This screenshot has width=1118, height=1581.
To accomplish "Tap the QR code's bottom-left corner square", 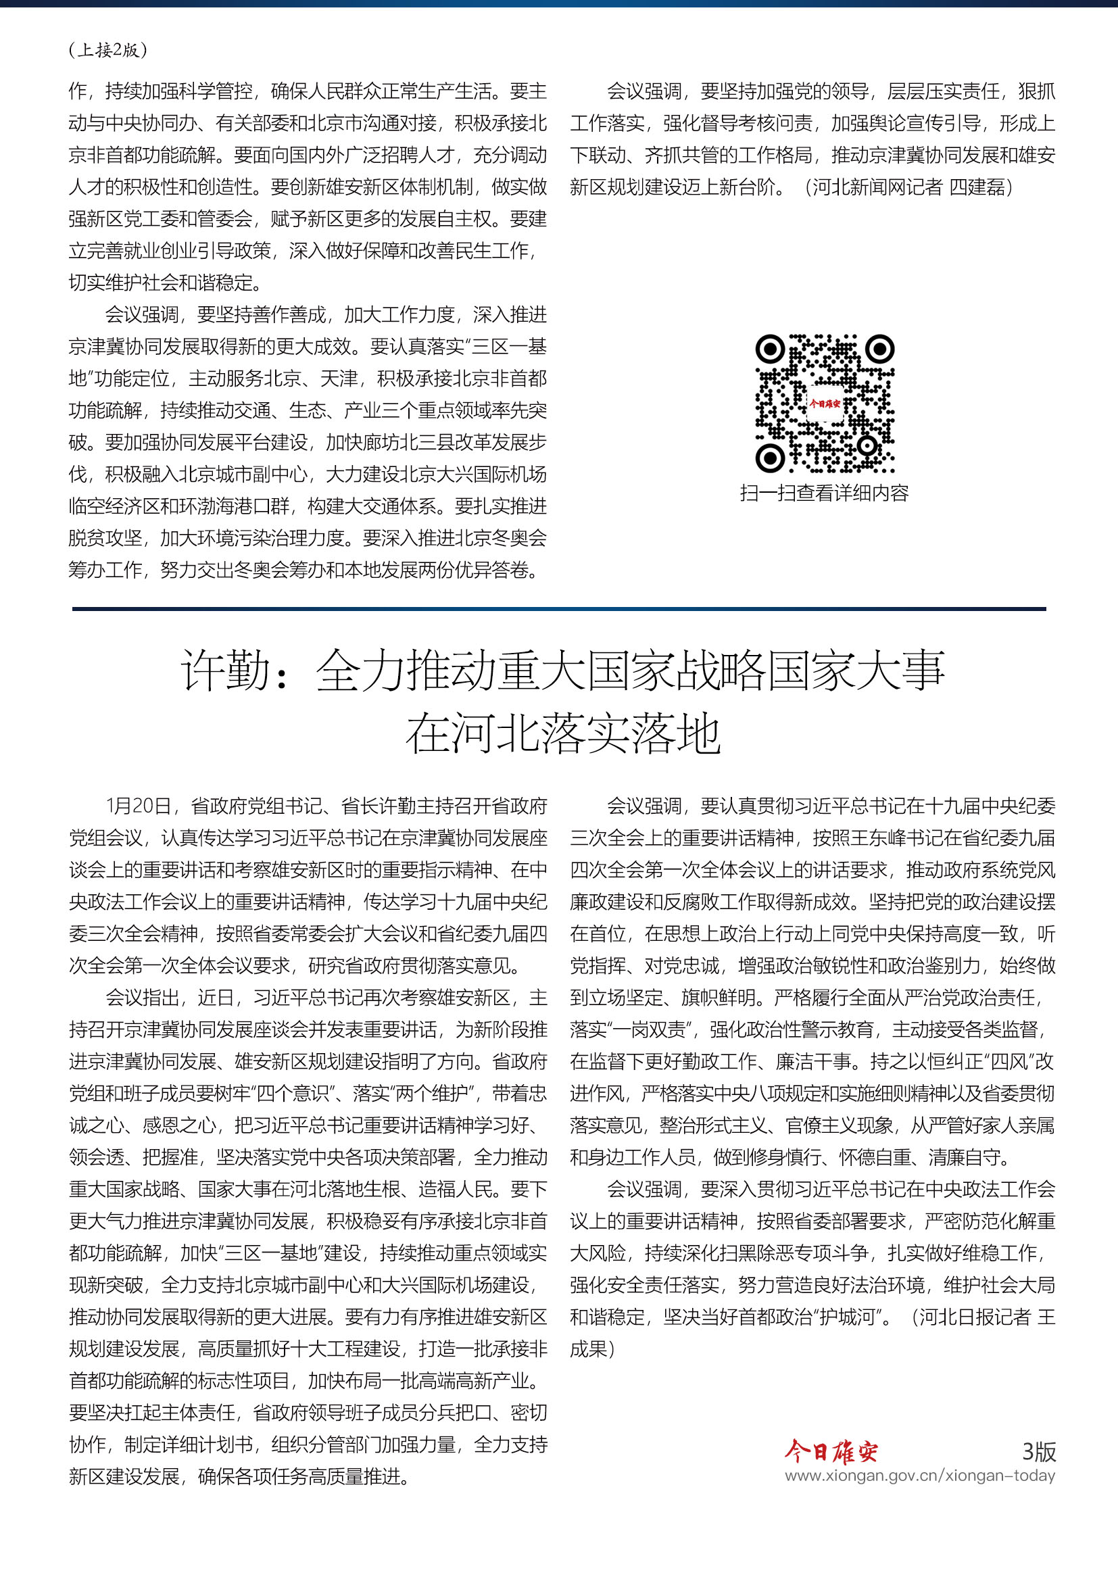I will coord(770,457).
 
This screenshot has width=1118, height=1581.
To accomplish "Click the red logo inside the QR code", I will coord(824,404).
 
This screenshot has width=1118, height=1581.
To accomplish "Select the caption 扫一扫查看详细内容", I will coord(824,493).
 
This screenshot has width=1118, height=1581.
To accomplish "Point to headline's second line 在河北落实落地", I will coord(562,734).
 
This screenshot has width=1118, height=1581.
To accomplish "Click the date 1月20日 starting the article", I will coord(138,806).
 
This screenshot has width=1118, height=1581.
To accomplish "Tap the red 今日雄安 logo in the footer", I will coord(831,1451).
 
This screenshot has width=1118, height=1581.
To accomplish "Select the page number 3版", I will coord(1038,1451).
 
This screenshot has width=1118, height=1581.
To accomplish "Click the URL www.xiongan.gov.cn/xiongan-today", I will coord(920,1476).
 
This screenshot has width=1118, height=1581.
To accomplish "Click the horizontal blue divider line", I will coord(559,609).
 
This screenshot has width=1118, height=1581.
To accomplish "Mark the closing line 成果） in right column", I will coord(591,1349).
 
